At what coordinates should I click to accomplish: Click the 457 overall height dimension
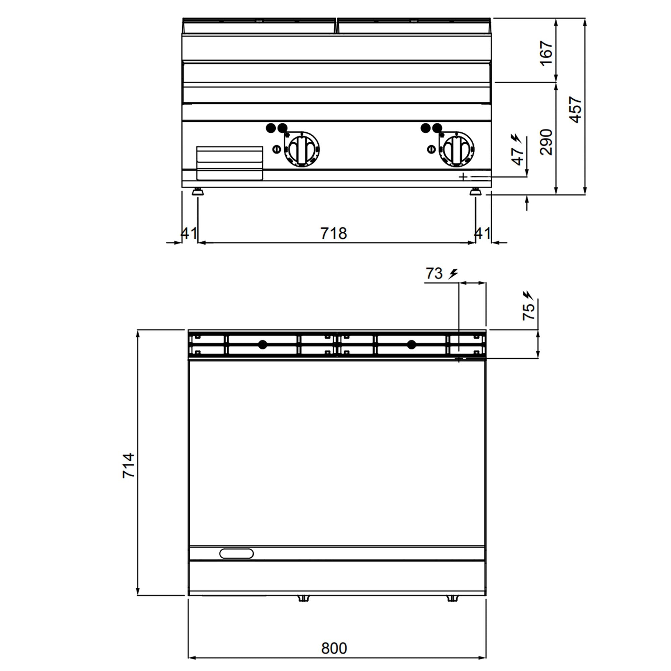(x=575, y=110)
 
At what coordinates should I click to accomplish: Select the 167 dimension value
(x=546, y=53)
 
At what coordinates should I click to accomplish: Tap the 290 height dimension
(x=546, y=142)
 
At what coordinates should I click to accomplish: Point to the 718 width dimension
(x=333, y=234)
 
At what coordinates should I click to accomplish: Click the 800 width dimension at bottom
(x=334, y=648)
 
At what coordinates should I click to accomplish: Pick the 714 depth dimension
(x=128, y=465)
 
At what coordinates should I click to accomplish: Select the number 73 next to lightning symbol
(x=434, y=274)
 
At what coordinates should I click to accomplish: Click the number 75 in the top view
(x=529, y=311)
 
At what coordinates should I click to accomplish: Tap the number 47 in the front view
(x=517, y=156)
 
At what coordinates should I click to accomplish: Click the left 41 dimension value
(x=189, y=234)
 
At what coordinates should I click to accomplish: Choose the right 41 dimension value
(x=482, y=234)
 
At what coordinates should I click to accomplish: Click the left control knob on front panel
(x=302, y=149)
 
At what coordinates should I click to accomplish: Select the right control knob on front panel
(x=456, y=149)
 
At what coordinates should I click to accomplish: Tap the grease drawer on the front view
(x=229, y=163)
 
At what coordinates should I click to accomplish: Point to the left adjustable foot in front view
(x=198, y=191)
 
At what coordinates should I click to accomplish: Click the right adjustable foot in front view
(x=475, y=191)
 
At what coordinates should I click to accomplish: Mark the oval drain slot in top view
(x=237, y=554)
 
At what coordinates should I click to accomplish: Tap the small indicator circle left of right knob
(x=431, y=149)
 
